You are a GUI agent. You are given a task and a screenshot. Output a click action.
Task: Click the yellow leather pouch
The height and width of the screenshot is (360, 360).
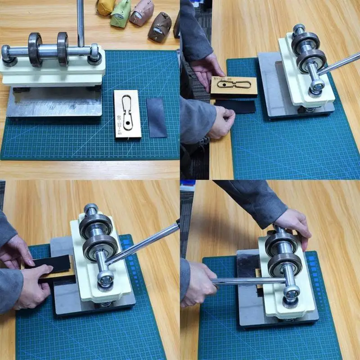click(104, 7)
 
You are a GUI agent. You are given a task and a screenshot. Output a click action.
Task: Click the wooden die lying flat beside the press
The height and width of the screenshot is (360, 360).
click(128, 114)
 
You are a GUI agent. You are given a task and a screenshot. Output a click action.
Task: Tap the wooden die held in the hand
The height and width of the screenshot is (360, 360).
click(233, 85)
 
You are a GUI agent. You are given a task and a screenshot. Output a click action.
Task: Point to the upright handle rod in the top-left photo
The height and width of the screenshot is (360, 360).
click(81, 22)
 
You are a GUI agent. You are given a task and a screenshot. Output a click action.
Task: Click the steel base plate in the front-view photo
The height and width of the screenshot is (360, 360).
click(54, 103)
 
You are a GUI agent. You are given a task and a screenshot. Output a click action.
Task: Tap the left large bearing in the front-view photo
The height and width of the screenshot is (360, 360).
click(35, 49)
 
